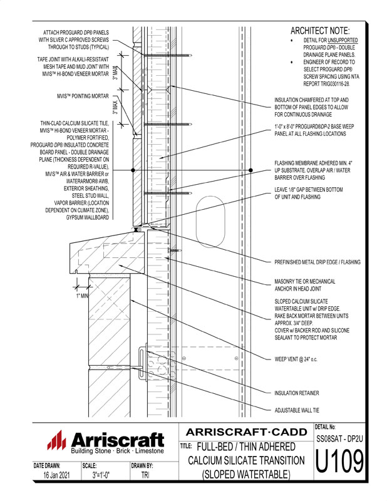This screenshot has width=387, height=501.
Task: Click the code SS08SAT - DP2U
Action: click(x=338, y=440)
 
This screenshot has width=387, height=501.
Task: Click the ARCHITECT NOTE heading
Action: click(x=321, y=31)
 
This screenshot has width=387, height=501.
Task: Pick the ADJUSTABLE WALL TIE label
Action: click(x=302, y=411)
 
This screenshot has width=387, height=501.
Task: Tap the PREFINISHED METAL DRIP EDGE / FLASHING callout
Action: click(x=317, y=262)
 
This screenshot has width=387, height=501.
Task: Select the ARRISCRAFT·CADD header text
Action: click(x=246, y=431)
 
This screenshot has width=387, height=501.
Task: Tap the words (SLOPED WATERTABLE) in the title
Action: click(x=246, y=475)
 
